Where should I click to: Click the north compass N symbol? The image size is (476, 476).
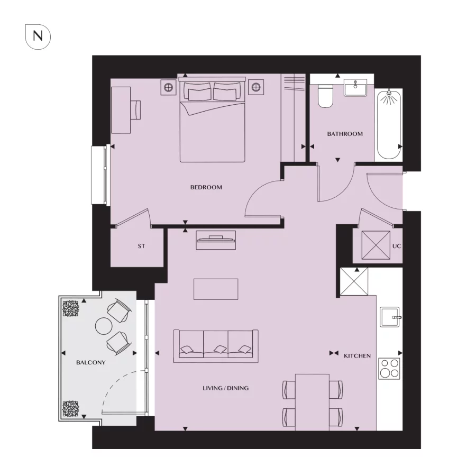point(38,36)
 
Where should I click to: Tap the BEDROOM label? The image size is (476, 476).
point(206,187)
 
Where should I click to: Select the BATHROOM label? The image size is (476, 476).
point(345,134)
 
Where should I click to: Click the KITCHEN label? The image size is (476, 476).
point(357,356)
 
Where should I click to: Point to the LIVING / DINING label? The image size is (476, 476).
point(225,388)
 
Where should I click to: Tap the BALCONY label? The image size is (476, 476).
point(91,363)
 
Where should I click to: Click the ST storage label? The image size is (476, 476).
point(141,246)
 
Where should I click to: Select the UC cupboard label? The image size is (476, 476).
point(397,246)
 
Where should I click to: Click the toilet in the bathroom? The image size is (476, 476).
point(325,96)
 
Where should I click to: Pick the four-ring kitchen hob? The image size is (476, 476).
point(390,368)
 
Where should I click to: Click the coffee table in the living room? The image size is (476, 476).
point(216,289)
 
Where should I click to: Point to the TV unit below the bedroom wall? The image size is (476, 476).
point(216,241)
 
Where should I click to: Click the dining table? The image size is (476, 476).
point(313,401)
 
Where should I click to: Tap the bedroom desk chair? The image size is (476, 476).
point(136,110)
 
